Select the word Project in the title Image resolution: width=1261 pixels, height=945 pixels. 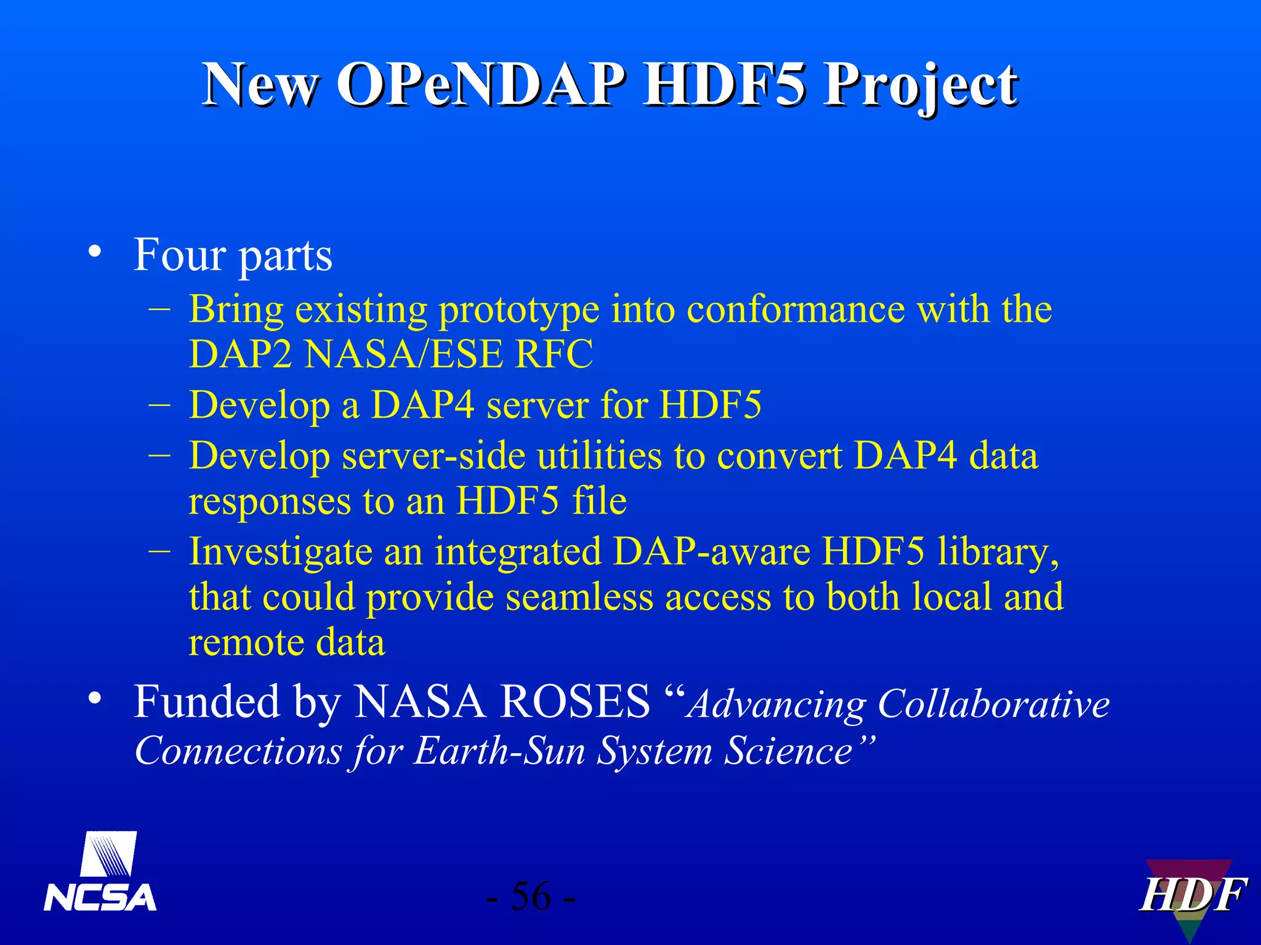click(921, 86)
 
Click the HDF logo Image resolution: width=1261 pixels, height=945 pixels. click(1192, 896)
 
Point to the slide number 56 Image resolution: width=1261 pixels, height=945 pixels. click(531, 896)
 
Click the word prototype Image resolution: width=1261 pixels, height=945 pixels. click(518, 309)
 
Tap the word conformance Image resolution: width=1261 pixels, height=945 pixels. click(796, 309)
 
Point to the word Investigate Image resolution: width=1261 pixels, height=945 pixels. click(280, 551)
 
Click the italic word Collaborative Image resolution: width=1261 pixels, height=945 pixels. click(993, 704)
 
